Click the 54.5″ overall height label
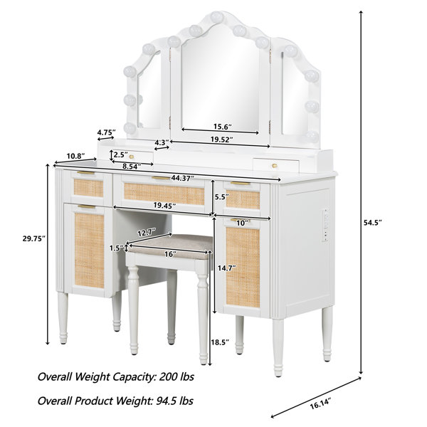372,223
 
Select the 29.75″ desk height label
33,239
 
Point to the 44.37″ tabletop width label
182,178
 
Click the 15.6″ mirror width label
223,127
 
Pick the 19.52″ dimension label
222,139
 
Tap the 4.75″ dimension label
107,132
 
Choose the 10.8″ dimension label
76,156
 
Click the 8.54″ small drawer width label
132,166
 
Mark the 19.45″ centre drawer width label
164,206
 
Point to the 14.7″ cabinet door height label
226,268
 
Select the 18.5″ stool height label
220,342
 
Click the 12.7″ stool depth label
147,233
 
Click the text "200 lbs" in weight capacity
176,377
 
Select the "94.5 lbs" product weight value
175,401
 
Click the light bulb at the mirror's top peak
217,17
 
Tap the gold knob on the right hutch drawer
275,165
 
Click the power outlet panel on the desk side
325,226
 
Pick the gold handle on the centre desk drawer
161,178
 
